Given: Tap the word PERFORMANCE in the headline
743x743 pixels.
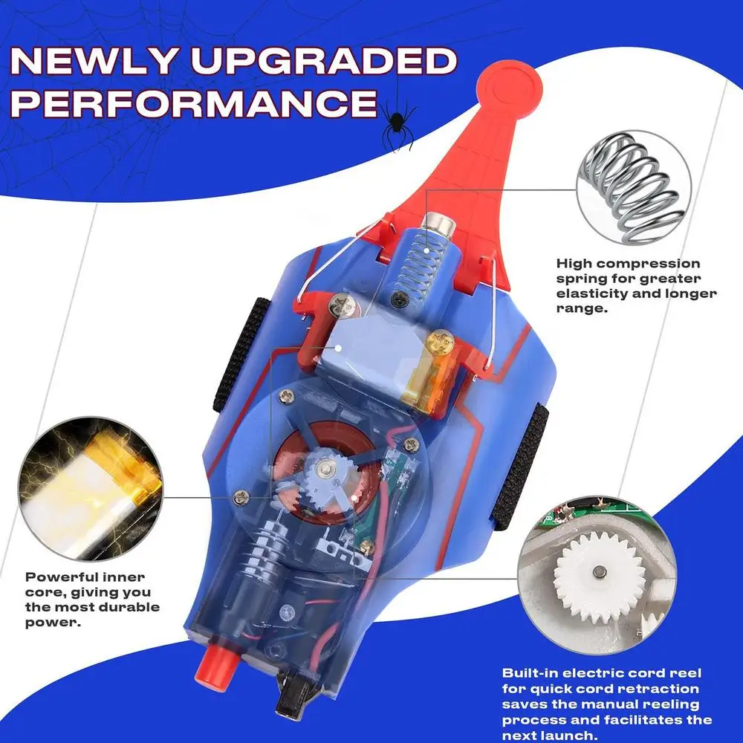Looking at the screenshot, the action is [x=193, y=103].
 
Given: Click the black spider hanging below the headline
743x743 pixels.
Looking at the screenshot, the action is [x=397, y=123].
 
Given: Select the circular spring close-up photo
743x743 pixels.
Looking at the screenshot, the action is [x=634, y=188].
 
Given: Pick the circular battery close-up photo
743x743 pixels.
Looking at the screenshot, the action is [x=91, y=489].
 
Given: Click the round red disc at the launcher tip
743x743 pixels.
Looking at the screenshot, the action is [x=509, y=88].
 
